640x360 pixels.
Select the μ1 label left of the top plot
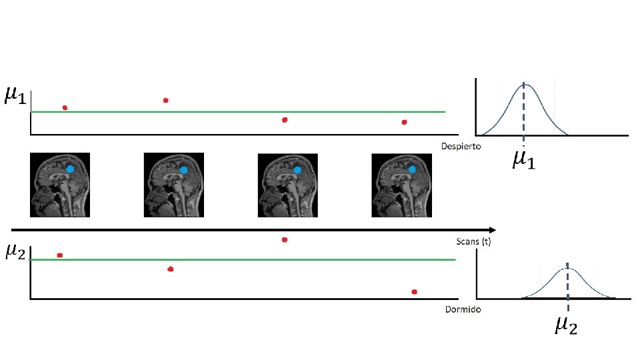click(x=15, y=97)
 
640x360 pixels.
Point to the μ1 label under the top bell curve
click(x=523, y=160)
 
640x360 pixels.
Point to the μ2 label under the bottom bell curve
click(x=567, y=325)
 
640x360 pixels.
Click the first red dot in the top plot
click(x=65, y=107)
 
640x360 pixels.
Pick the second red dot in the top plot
click(x=165, y=101)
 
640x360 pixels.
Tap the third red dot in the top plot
click(x=285, y=120)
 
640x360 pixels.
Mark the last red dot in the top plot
click(x=404, y=122)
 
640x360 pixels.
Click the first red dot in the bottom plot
click(x=60, y=255)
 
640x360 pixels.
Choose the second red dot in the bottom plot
click(x=171, y=269)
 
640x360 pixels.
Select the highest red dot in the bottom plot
click(x=285, y=239)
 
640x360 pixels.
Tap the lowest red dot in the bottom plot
click(x=414, y=292)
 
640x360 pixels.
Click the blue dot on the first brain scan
click(x=70, y=169)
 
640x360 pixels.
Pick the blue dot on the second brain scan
click(x=183, y=171)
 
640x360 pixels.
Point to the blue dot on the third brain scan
click(x=297, y=171)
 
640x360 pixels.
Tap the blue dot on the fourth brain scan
click(x=411, y=169)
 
